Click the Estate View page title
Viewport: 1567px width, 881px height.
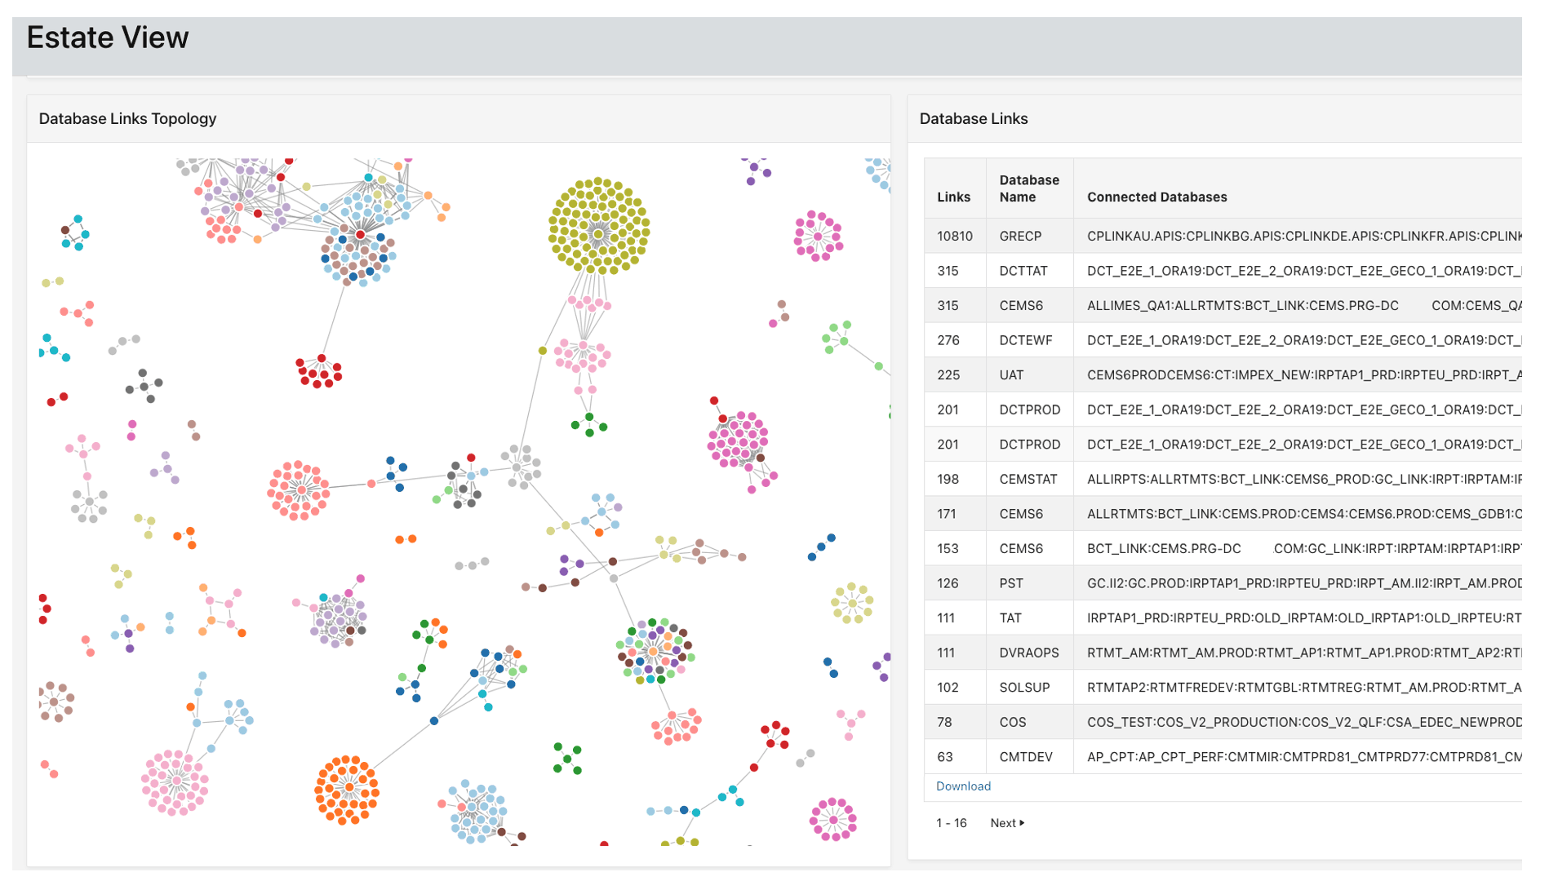coord(108,38)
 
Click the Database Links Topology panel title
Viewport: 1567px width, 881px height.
coord(127,118)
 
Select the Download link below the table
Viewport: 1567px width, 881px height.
coord(963,786)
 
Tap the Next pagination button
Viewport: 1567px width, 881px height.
coord(1007,823)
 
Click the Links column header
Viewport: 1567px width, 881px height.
coord(953,197)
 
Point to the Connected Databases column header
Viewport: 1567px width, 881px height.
coord(1156,197)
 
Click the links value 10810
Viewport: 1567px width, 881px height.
coord(954,236)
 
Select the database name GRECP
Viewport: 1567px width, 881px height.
coord(1020,236)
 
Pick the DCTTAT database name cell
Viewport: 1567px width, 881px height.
coord(1023,271)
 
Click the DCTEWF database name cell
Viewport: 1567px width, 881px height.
coord(1026,340)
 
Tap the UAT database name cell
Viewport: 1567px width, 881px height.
coord(1011,375)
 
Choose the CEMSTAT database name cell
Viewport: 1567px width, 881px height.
coord(1028,479)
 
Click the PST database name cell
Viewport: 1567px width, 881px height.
coord(1011,583)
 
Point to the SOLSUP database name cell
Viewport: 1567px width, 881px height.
coord(1024,688)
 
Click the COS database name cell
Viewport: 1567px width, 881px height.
coord(1013,722)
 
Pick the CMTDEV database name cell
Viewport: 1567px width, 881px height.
coord(1026,757)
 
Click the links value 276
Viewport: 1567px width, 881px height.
coord(948,340)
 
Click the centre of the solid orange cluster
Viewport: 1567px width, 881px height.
coord(348,789)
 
